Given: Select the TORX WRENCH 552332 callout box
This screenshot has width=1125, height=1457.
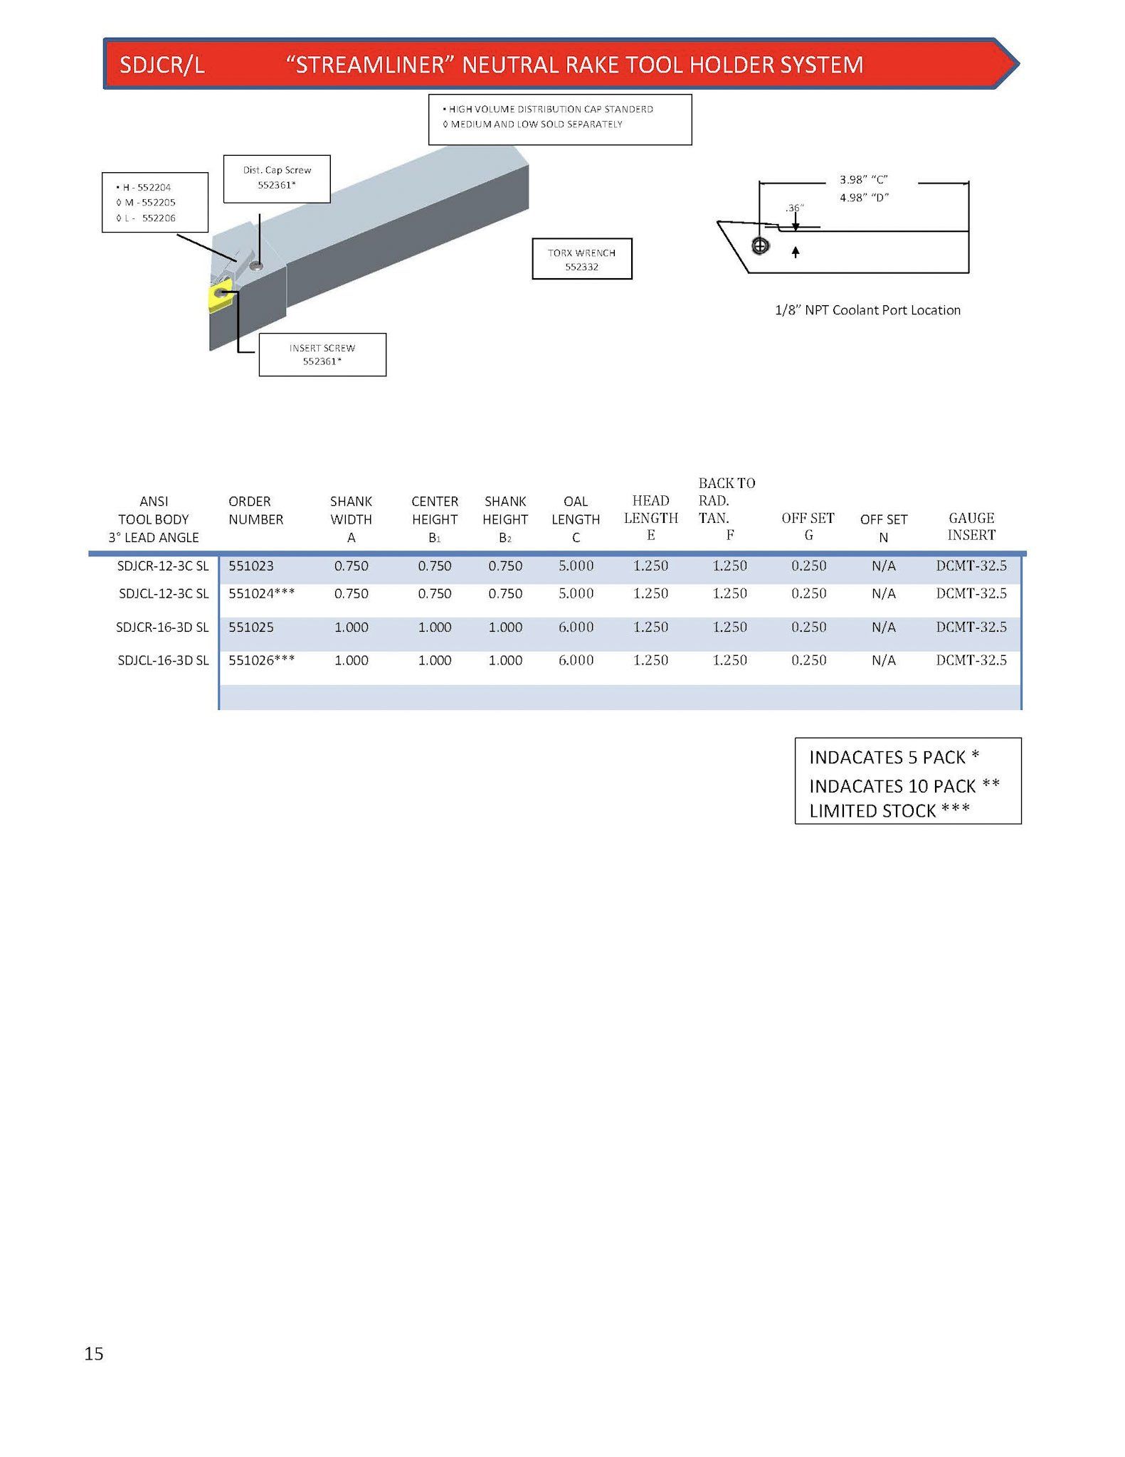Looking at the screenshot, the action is tap(582, 259).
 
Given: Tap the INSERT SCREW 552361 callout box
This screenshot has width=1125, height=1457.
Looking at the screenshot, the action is tap(322, 354).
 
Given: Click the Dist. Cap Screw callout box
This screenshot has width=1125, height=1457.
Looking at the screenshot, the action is tap(277, 179).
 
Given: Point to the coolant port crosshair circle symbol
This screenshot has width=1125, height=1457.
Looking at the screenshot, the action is tap(761, 246).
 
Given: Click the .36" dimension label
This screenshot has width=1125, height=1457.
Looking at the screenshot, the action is tap(795, 208).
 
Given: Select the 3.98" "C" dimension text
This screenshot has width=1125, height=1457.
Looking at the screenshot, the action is tap(864, 180).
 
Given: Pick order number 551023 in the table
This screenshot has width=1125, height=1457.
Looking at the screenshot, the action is tap(251, 566).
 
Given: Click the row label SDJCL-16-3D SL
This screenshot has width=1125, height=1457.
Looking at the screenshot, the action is tap(163, 660).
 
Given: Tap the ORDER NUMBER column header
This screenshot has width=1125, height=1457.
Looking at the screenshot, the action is tap(255, 510).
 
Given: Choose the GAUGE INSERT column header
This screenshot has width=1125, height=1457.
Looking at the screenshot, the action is tap(971, 526).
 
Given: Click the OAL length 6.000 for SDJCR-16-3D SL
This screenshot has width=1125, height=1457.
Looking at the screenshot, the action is tap(576, 627).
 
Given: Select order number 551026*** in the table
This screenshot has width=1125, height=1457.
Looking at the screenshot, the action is tap(262, 660).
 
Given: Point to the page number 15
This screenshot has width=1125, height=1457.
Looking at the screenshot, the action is tap(94, 1354).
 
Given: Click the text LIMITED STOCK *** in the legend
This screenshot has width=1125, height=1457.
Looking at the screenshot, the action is tap(889, 811).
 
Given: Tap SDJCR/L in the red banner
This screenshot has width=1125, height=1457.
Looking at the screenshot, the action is tap(162, 65).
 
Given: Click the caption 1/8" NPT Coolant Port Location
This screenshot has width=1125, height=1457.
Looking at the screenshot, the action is tap(867, 310).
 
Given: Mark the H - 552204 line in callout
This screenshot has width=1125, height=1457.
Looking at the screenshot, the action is tap(143, 187).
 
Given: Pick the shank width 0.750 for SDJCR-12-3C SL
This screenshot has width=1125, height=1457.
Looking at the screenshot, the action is tap(352, 566).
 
